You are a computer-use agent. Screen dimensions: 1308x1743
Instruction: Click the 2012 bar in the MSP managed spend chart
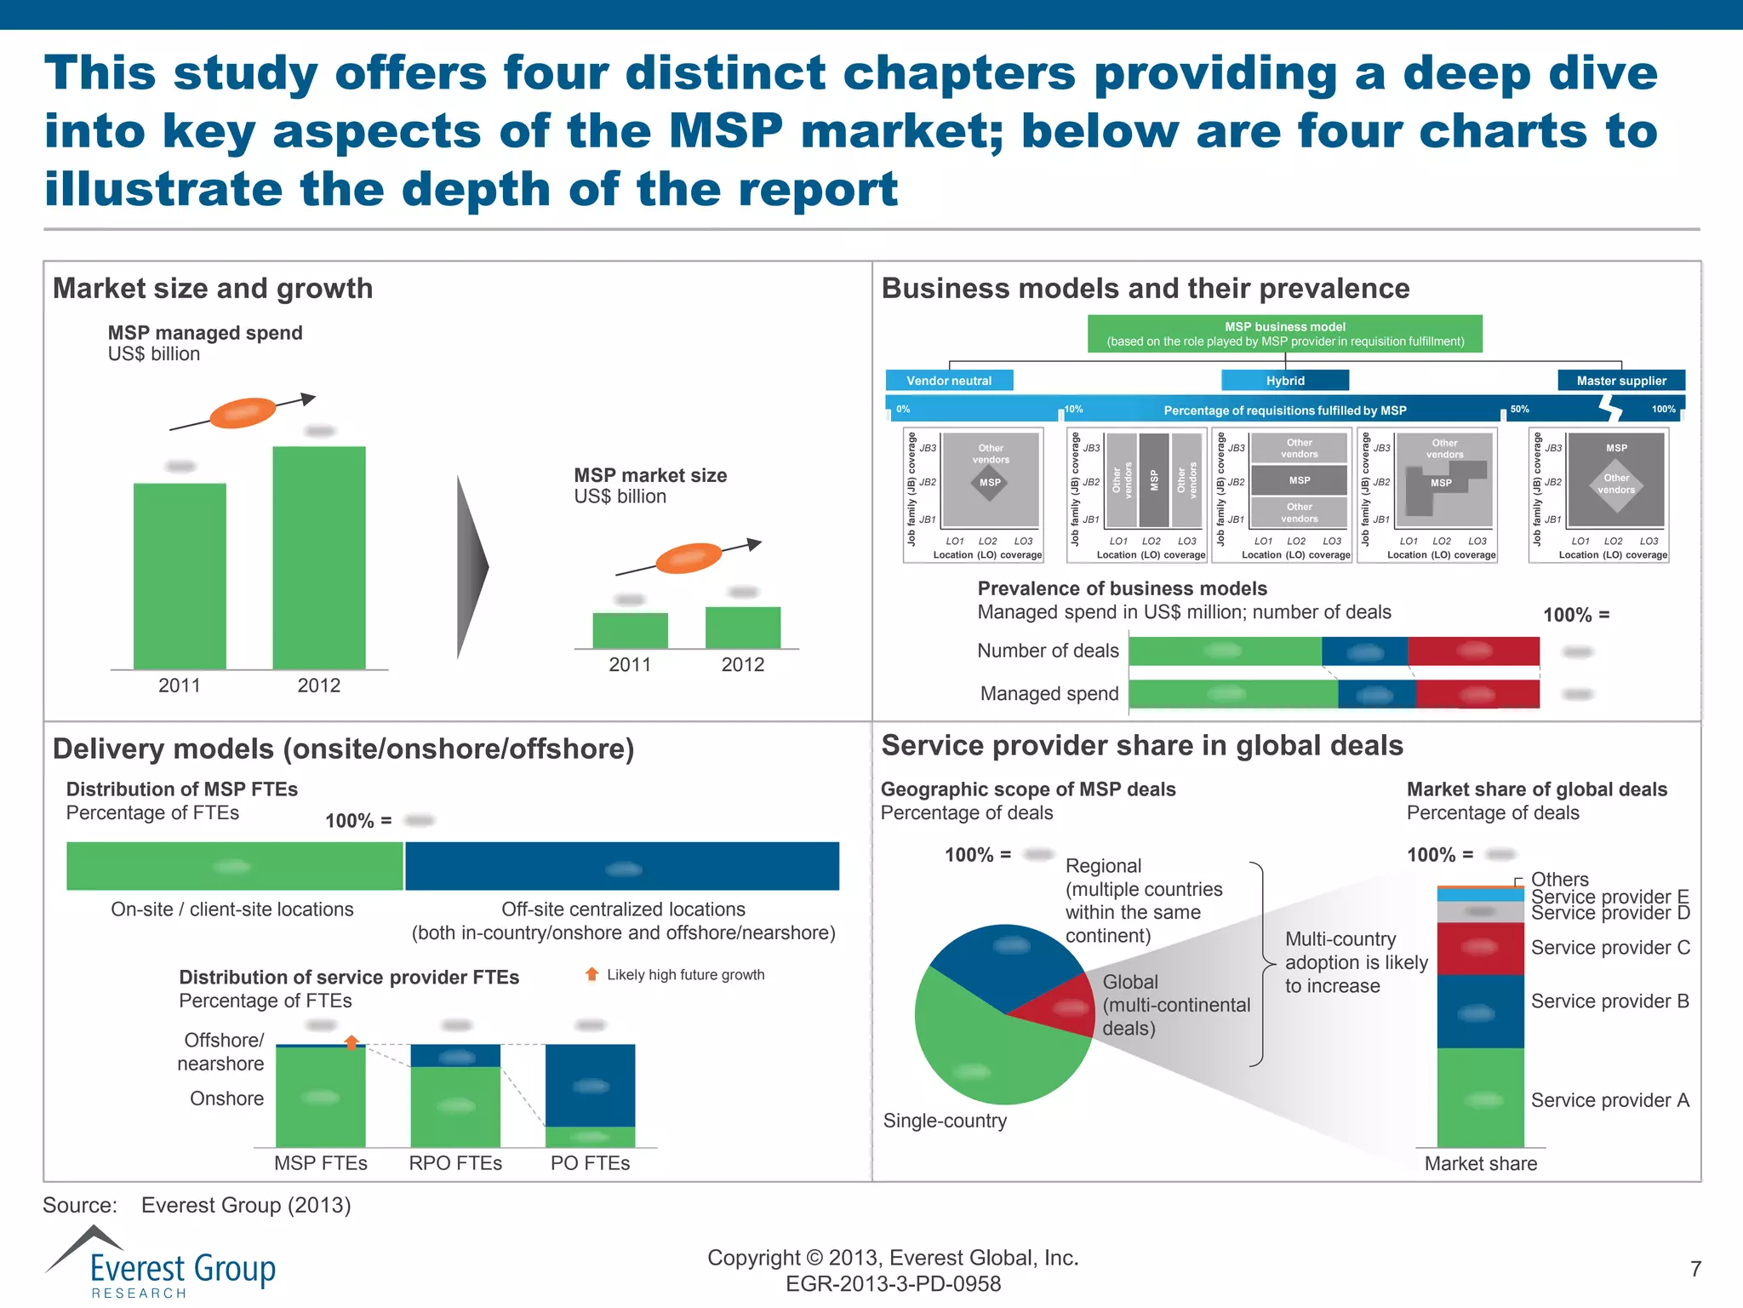pyautogui.click(x=318, y=558)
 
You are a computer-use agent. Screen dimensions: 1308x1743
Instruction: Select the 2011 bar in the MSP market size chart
pyautogui.click(x=630, y=631)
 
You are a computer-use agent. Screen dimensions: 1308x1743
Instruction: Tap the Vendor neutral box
pyautogui.click(x=949, y=381)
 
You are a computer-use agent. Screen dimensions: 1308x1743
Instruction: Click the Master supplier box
pyautogui.click(x=1620, y=381)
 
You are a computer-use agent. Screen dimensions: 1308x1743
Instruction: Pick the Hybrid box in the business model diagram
pyautogui.click(x=1284, y=381)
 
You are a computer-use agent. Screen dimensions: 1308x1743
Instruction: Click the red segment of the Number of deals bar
pyautogui.click(x=1473, y=651)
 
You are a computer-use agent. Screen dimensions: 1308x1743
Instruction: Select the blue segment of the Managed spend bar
pyautogui.click(x=1376, y=695)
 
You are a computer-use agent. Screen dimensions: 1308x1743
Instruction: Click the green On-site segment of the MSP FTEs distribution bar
pyautogui.click(x=234, y=867)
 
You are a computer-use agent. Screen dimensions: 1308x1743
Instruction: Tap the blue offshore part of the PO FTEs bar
pyautogui.click(x=590, y=1085)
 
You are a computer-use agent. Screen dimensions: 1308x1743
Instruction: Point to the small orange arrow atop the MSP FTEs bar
pyautogui.click(x=351, y=1041)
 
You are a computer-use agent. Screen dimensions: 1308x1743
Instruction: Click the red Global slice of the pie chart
pyautogui.click(x=1064, y=1007)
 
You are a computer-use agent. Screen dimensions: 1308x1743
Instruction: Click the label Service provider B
pyautogui.click(x=1609, y=1001)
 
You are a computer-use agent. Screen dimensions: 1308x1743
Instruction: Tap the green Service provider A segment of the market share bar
pyautogui.click(x=1480, y=1099)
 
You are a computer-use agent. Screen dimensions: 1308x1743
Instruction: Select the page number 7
pyautogui.click(x=1695, y=1269)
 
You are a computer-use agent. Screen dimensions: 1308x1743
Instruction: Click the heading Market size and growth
pyautogui.click(x=213, y=289)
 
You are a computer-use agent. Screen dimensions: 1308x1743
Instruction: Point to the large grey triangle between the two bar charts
pyautogui.click(x=471, y=567)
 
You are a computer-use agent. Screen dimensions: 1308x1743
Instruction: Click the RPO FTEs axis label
pyautogui.click(x=455, y=1163)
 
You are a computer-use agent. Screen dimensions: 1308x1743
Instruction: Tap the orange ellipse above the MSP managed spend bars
pyautogui.click(x=243, y=413)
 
